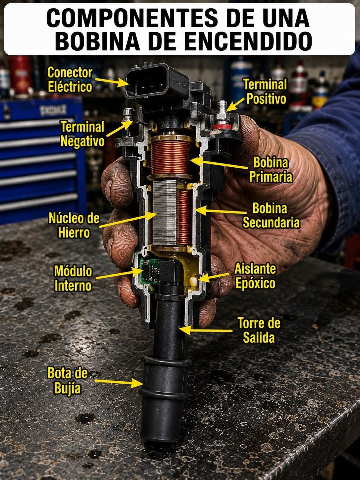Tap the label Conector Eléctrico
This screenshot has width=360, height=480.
click(70, 80)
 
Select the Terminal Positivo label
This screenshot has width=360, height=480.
click(265, 91)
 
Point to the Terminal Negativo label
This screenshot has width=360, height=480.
click(82, 134)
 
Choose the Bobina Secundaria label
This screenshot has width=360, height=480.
click(271, 215)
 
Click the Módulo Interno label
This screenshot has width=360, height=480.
click(73, 278)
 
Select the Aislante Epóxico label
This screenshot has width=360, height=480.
click(255, 276)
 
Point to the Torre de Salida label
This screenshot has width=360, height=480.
click(259, 330)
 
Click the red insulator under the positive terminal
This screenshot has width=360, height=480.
click(219, 127)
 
